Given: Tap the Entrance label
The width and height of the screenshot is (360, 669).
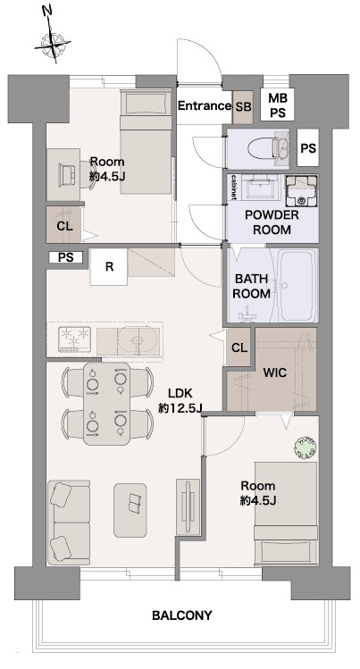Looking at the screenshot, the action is pos(205,105).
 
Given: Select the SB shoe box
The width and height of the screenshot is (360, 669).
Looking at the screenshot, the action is pos(244,107).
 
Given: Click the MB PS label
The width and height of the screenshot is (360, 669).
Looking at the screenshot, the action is pos(278,105).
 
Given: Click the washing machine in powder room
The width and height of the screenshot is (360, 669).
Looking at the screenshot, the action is pos(302,190).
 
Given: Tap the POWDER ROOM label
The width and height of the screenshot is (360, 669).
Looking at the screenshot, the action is pos(272,222).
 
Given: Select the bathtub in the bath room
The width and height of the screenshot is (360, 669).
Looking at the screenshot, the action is pos(297,285).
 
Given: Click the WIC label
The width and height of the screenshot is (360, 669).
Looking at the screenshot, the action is pos(275,372).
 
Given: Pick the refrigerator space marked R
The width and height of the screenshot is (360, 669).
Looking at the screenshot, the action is pos(109,267).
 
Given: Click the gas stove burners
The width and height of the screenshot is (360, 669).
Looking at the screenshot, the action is pos(75,339).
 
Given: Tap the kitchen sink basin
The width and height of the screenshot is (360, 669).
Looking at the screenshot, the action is pos(136,339).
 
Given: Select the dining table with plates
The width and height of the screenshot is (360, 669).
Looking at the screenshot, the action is pos(106,403).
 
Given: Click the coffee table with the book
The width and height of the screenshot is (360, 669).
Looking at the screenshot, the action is pos(130,510).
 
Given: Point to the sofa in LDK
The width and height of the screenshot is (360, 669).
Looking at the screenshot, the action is pos(69,523).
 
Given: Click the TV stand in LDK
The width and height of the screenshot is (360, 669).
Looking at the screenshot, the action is pos(188,506).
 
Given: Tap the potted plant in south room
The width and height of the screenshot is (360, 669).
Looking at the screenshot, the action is pos(306,447).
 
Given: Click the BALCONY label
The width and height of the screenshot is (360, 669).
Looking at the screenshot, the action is pos(182,615).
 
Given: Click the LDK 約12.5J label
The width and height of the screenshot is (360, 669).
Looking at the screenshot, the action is pos(180,401).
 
